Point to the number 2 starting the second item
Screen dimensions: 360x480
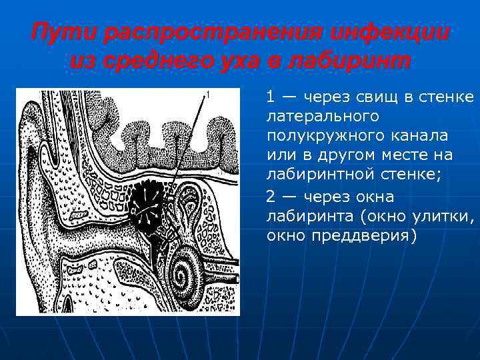coord(270,197)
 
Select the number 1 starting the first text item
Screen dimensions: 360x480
coord(270,97)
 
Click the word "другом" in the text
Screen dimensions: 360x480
coord(357,155)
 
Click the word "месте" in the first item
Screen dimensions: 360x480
coord(406,155)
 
